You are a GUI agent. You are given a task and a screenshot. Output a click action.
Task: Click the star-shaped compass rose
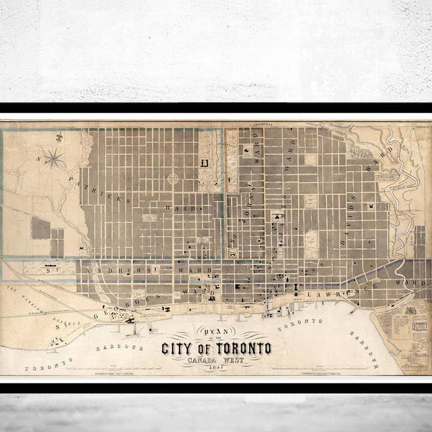pos(54,158)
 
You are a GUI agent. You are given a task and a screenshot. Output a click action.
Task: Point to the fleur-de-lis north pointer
pos(59,139)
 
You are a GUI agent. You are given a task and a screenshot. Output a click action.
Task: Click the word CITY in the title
pos(177,349)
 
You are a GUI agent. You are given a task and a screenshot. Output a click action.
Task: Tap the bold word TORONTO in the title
pos(240,349)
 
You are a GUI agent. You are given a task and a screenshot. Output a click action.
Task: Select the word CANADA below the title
pos(203,360)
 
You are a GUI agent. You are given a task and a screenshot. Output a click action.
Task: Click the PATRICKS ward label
pos(96,188)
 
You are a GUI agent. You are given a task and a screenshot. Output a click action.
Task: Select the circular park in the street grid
pos(172,178)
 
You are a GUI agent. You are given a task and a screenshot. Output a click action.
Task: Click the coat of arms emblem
pos(410,310)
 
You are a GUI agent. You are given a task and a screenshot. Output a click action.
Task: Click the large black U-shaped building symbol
pos(205,163)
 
